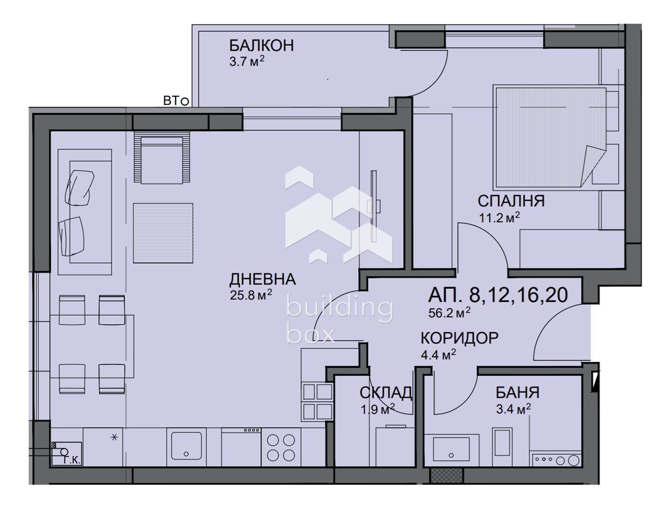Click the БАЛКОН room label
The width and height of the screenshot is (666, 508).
click(x=261, y=46)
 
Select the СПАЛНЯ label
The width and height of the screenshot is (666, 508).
click(x=510, y=201)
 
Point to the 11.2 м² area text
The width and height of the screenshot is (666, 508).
click(x=499, y=218)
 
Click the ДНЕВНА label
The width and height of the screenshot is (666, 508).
click(x=262, y=279)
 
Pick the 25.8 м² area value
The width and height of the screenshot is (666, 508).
click(x=250, y=295)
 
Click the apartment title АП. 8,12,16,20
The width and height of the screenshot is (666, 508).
click(x=498, y=295)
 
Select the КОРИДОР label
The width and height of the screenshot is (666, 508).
click(x=459, y=338)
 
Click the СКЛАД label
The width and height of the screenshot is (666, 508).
click(x=385, y=393)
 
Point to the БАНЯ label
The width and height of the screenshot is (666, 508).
click(x=518, y=393)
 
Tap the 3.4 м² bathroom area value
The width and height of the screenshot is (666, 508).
click(x=513, y=408)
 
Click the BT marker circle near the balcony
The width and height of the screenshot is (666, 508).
click(x=185, y=102)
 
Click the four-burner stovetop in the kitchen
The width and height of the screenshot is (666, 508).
click(x=281, y=447)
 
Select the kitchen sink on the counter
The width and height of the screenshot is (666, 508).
click(x=187, y=446)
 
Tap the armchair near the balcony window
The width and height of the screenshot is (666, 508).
click(x=162, y=160)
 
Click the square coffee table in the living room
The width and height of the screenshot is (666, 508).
click(x=163, y=233)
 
